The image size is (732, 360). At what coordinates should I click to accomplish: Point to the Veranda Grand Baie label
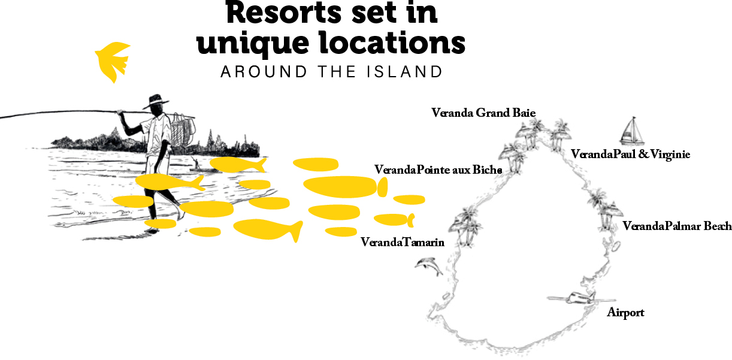pyautogui.click(x=483, y=113)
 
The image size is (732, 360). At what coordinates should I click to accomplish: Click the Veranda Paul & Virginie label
pyautogui.click(x=630, y=155)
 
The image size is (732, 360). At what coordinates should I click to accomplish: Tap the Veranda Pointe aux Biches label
pyautogui.click(x=438, y=170)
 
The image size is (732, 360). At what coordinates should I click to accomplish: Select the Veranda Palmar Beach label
pyautogui.click(x=677, y=226)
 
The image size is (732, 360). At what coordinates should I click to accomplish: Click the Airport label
pyautogui.click(x=625, y=313)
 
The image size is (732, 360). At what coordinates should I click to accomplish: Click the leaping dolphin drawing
pyautogui.click(x=429, y=265)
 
